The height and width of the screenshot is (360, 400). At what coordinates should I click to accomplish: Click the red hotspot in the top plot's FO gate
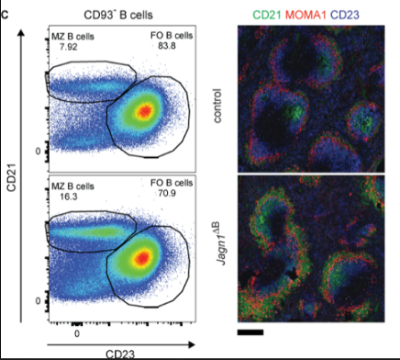[x=143, y=112]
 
